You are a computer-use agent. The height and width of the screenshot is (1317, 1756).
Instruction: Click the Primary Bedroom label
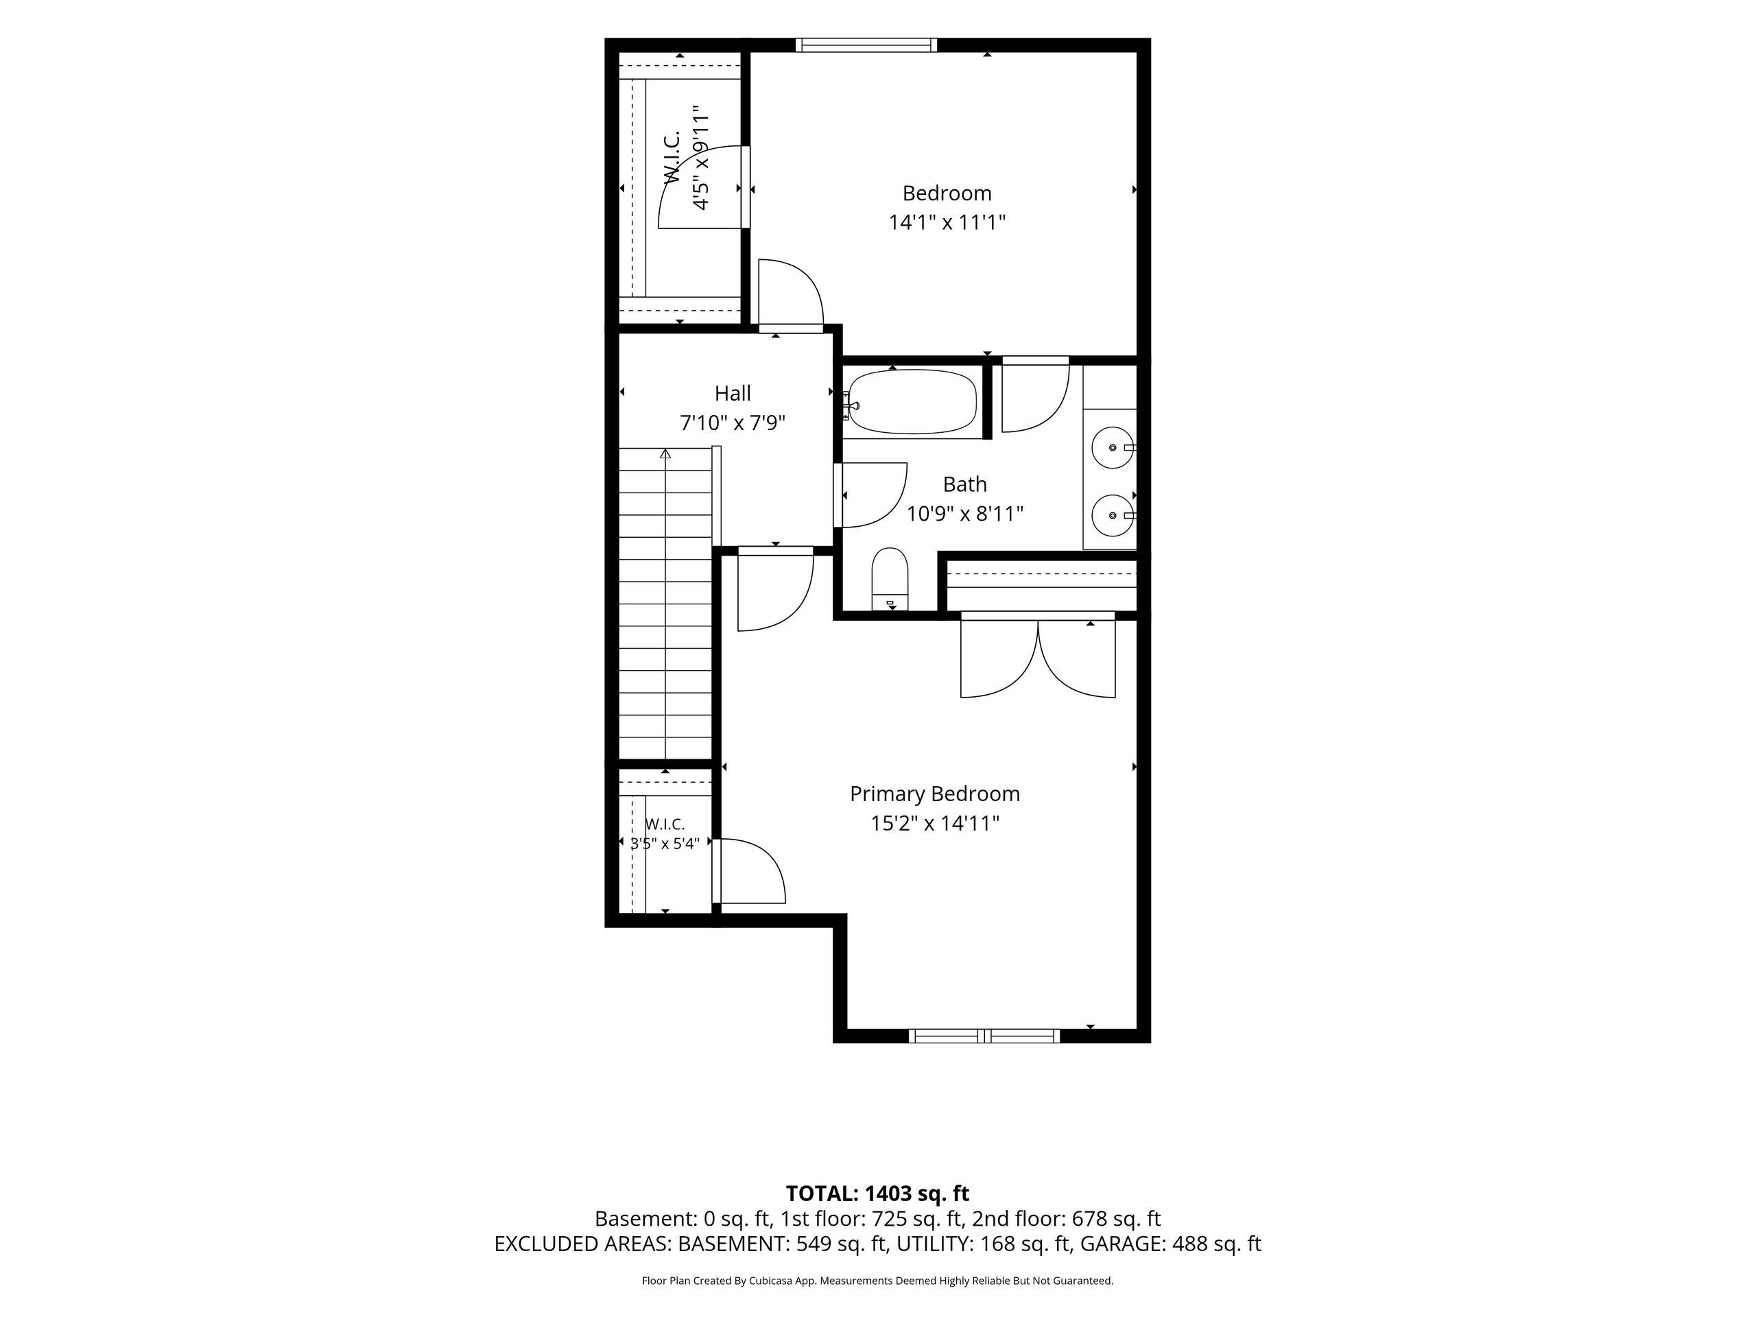coord(934,794)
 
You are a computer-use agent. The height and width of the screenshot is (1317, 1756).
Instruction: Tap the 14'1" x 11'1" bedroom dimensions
coord(947,222)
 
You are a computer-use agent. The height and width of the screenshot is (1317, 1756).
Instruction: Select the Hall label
coord(733,393)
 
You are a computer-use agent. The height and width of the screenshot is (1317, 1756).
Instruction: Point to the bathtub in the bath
coord(912,403)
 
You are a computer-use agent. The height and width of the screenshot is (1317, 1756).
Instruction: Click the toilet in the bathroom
coord(890,578)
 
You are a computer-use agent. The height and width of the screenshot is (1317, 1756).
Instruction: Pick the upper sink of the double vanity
coord(1114,448)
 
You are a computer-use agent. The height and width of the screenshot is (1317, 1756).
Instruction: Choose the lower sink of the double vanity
coord(1114,516)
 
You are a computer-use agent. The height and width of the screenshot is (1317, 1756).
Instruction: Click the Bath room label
coord(965,484)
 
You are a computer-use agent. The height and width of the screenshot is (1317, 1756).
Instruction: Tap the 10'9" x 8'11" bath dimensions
coord(965,514)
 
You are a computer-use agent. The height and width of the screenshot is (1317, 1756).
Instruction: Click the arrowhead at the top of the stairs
coord(665,454)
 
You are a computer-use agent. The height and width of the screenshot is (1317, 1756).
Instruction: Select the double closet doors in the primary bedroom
coord(1038,655)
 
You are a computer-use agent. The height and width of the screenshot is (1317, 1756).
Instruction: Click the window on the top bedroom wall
coord(866,45)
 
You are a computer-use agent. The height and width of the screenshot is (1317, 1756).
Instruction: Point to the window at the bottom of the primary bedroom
coord(984,1035)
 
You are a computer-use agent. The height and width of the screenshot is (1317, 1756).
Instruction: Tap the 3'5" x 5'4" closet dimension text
coord(665,843)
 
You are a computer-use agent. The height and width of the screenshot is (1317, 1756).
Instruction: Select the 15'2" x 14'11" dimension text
coord(934,823)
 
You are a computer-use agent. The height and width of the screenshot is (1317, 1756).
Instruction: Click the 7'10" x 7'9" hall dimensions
coord(733,423)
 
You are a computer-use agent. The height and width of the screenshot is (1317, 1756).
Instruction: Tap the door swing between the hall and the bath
coord(871,495)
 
